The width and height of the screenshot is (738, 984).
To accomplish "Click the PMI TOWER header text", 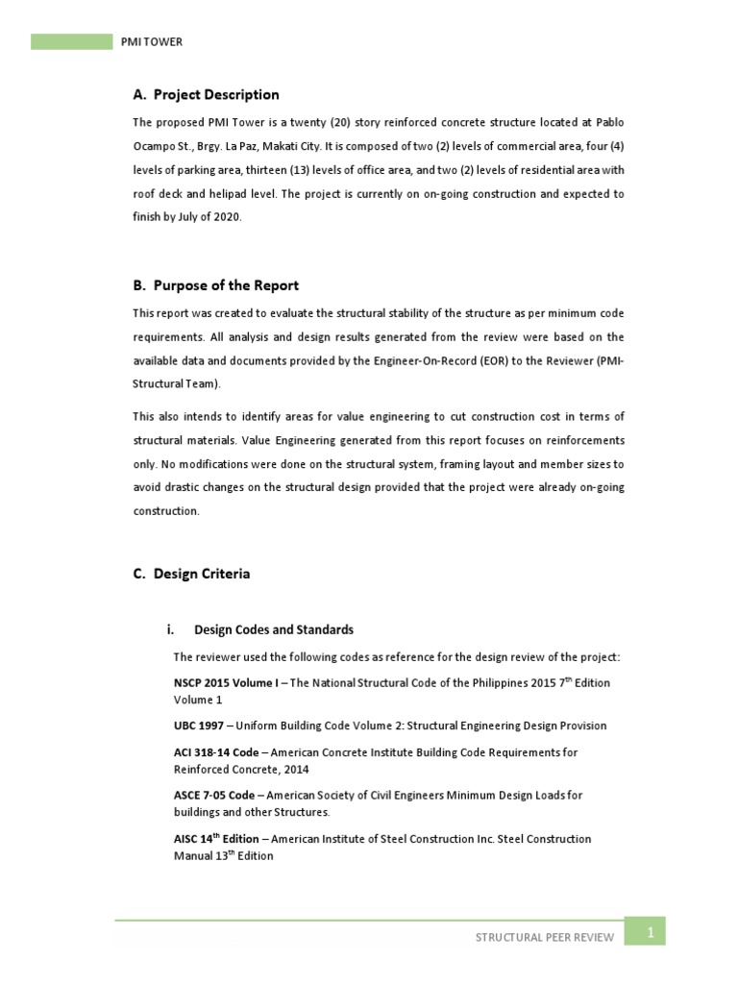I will pos(151,42).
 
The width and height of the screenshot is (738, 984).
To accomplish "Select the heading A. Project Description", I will pos(206,94).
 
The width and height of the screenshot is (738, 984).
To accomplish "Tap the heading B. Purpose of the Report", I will pos(215,285).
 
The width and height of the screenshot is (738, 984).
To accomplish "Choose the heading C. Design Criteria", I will pos(191,574).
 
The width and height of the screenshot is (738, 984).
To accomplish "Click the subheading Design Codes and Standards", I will pos(274,630).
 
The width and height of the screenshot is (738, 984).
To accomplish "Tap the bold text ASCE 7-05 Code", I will pos(214,796).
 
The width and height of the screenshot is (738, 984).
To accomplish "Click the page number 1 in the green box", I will pos(650,931).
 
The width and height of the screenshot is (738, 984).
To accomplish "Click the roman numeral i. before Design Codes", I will pos(171,630).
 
